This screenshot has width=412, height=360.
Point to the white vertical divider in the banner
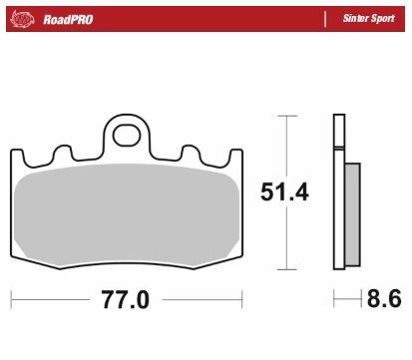tap(325, 19)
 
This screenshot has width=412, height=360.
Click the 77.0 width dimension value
tap(126, 299)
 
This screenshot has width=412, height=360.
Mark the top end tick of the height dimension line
tap(287, 116)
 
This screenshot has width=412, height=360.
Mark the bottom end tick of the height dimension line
tap(287, 269)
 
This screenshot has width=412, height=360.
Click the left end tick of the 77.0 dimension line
tap(11, 299)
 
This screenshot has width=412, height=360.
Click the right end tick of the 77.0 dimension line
tap(242, 299)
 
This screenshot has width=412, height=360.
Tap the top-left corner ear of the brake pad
tap(17, 155)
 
